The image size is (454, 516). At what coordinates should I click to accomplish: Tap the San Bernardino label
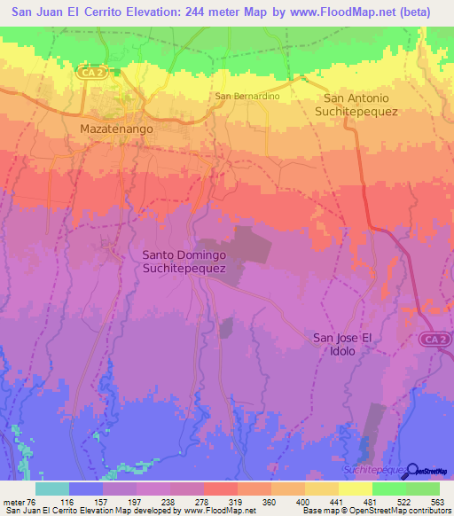[x=247, y=96]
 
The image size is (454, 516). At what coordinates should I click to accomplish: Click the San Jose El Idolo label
[x=347, y=344]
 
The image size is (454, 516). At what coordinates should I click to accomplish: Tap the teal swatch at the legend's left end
[x=52, y=489]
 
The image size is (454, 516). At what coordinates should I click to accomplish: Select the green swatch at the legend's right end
[x=423, y=489]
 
